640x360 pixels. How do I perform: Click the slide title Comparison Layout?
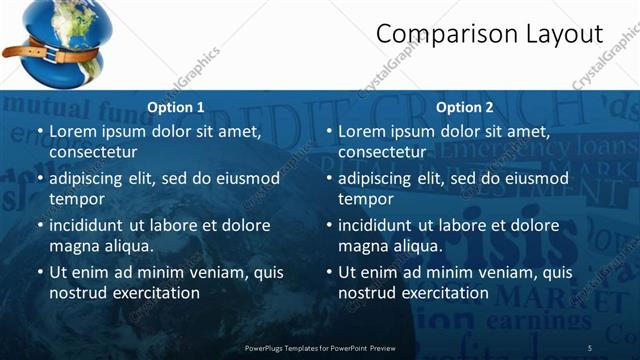coord(489,34)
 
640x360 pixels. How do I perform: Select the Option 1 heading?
coord(176,107)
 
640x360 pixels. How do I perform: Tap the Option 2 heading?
coord(465,107)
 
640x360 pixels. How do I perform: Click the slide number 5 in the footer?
coord(590,347)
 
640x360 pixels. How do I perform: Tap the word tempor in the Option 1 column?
coord(75,199)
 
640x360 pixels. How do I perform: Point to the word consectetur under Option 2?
coord(381,152)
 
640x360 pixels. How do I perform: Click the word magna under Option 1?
coord(73,246)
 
